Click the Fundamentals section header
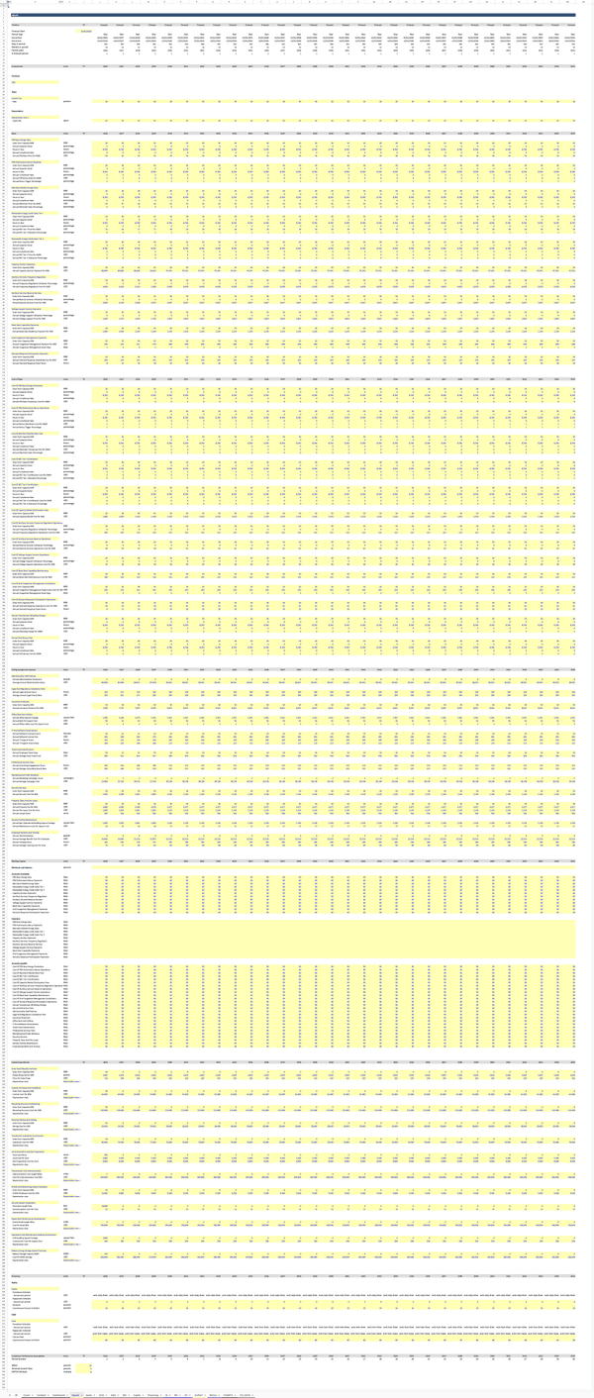click(x=19, y=65)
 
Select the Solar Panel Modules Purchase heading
click(x=26, y=1068)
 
